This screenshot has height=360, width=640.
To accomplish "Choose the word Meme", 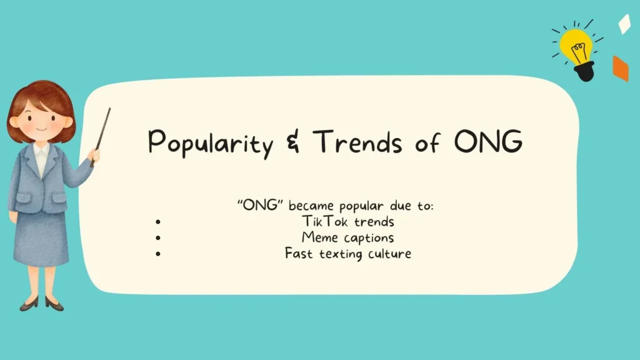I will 318,237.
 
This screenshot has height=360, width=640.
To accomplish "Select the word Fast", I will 298,254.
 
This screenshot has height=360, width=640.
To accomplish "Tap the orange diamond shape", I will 620,69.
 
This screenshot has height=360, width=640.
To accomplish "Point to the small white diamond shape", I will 624,24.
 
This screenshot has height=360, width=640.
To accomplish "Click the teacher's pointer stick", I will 101,134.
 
